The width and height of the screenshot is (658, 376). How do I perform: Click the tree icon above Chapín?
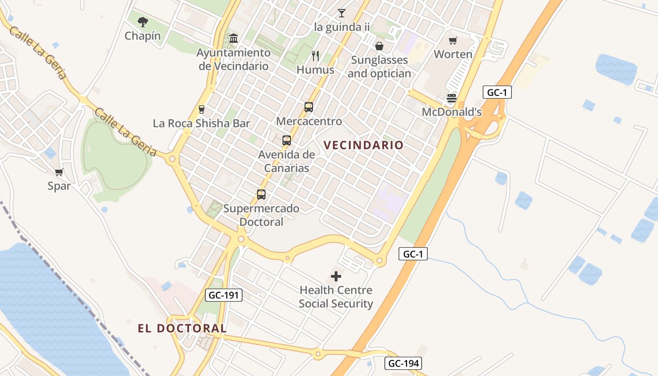[143, 22]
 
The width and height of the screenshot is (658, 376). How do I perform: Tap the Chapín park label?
[142, 36]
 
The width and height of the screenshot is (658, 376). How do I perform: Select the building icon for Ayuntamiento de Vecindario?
[234, 38]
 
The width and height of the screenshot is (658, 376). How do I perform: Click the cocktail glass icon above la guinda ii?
[342, 13]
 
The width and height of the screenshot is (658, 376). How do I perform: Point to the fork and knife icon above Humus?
[315, 56]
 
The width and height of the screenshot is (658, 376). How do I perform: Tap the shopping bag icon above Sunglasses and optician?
[379, 46]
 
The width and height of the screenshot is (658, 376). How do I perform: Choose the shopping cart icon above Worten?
[453, 41]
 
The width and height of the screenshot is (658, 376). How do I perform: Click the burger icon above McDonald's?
[452, 98]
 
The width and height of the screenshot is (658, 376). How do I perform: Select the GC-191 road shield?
[224, 295]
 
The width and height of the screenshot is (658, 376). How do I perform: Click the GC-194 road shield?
[403, 363]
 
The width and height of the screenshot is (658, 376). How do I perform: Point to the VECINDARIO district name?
[364, 145]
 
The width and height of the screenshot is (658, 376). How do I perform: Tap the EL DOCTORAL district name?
[182, 328]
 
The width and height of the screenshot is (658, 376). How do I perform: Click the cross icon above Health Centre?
[336, 276]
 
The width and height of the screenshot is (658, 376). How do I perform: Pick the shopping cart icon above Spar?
[59, 172]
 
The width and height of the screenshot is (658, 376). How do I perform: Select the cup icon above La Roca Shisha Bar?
[202, 110]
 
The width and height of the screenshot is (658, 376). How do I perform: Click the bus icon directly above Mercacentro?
[309, 107]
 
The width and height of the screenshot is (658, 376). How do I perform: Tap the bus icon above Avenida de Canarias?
[287, 140]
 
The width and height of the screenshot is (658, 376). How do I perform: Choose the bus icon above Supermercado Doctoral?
[261, 194]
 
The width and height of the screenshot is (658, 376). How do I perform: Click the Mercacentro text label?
[309, 121]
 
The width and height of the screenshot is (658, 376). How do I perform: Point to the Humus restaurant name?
[315, 70]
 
